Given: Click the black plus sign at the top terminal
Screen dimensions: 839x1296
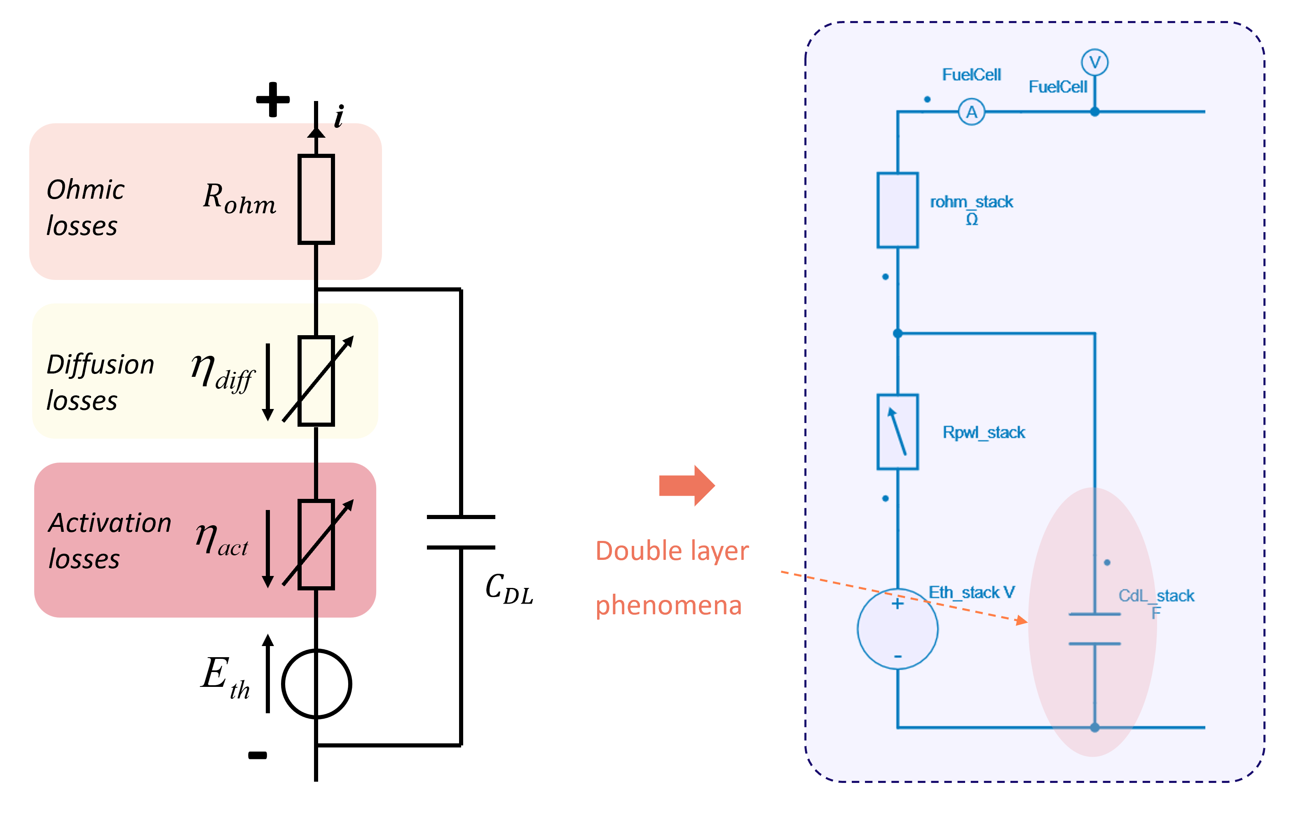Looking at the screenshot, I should pos(273,100).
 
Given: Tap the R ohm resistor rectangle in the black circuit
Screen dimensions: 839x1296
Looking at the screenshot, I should pos(316,200).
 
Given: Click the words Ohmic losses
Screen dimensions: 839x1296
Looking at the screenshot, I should pos(85,207).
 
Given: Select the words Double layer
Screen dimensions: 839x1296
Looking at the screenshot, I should pos(672,551).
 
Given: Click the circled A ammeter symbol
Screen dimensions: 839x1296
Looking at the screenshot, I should pos(971,112).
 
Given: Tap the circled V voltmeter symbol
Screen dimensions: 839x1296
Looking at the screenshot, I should pos(1094,62).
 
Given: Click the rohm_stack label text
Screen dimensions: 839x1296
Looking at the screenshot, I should pos(971,202).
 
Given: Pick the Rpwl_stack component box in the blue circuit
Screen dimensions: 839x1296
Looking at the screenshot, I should pos(898,432).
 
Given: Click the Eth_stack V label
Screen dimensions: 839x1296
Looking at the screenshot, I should pos(971,592).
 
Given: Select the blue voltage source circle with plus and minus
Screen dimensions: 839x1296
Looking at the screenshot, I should pos(898,629).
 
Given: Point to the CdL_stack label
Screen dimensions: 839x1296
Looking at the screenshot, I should pos(1156,596).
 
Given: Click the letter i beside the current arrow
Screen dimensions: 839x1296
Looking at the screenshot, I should pos(339,116).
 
